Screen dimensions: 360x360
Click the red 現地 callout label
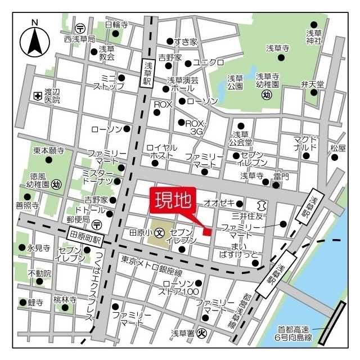pos(171,201)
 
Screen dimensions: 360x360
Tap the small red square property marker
pos(207,231)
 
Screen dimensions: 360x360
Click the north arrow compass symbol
pos(35,40)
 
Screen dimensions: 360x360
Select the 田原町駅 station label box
pos(84,235)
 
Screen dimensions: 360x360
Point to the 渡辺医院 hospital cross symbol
pos(37,96)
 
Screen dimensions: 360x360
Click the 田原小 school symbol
pos(160,232)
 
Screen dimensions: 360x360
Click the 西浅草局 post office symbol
pos(80,28)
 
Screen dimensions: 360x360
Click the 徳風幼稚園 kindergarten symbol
pos(56,184)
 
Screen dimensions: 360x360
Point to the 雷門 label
pos(281,177)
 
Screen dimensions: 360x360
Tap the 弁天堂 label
pos(313,84)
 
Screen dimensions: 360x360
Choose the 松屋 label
pos(337,148)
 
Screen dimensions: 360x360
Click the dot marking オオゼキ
pos(240,203)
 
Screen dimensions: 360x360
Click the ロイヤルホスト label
pos(162,151)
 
